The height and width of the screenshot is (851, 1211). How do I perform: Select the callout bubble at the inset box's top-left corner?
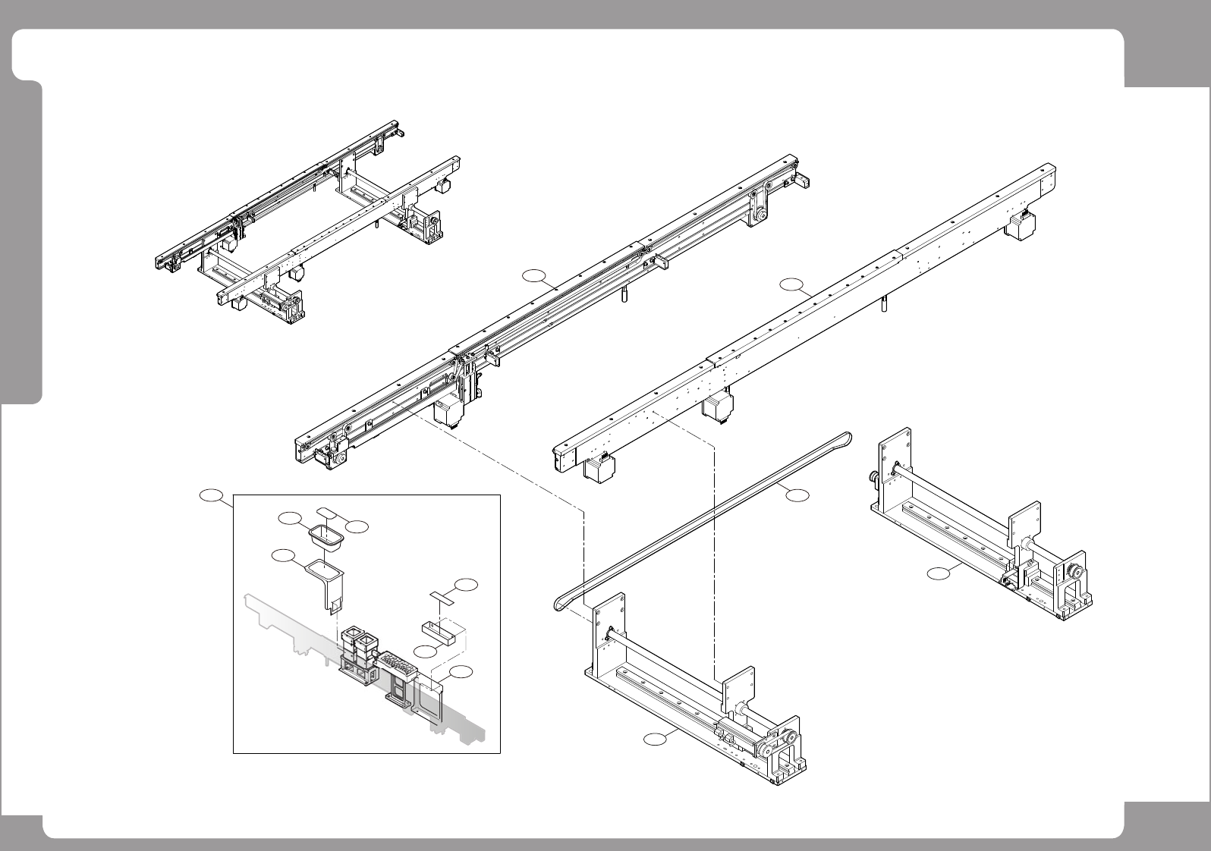tap(211, 496)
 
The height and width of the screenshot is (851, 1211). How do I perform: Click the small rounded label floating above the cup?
tap(327, 510)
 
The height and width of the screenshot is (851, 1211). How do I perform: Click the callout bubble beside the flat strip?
tap(467, 585)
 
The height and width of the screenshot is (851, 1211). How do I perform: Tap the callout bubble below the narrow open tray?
tap(426, 652)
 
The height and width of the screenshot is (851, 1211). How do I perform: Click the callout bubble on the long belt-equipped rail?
tap(536, 275)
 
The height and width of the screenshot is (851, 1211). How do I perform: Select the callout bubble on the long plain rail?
tap(791, 285)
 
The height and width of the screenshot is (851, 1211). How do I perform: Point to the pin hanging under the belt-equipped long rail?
tap(624, 294)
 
